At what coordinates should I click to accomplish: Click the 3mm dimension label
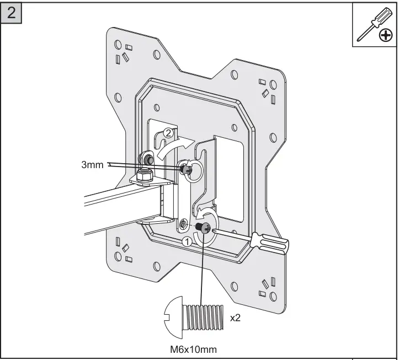click(x=92, y=164)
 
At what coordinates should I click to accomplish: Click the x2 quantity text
click(x=235, y=319)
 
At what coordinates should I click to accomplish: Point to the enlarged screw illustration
click(x=195, y=319)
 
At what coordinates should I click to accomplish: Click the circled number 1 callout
click(x=187, y=240)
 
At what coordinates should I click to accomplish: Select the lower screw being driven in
click(x=204, y=228)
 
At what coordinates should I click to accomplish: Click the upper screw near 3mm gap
click(x=185, y=167)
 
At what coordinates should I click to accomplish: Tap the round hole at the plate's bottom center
click(x=233, y=286)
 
